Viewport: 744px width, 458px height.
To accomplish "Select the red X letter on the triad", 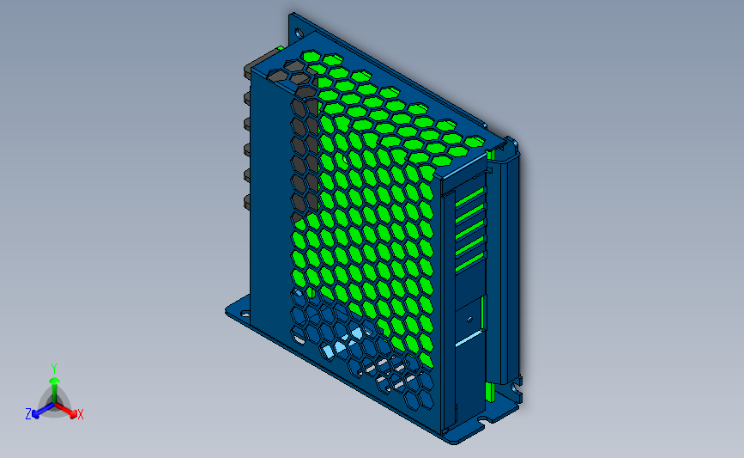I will point(81,414).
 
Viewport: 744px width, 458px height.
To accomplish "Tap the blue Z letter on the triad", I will point(28,414).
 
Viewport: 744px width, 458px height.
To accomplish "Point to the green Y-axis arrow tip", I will point(54,379).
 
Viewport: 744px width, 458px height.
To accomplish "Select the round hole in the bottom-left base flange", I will point(244,311).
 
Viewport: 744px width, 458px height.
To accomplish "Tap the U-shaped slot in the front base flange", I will point(489,420).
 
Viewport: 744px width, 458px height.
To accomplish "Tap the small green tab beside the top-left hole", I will point(280,47).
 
